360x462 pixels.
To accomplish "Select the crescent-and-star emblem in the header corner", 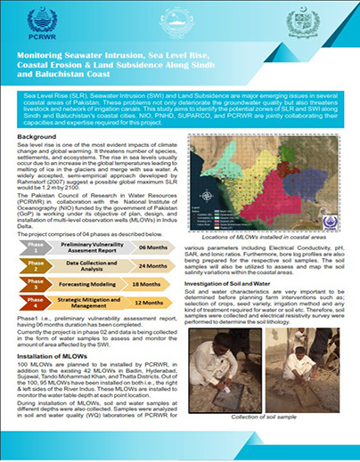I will (x=314, y=24).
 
